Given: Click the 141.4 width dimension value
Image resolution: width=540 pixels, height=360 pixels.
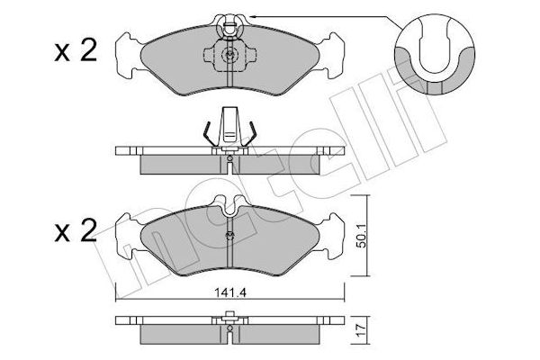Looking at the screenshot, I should click(x=230, y=291).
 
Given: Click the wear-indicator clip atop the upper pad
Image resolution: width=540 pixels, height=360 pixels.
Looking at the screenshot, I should click(x=230, y=18).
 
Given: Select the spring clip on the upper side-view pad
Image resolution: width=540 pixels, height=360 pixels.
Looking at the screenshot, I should click(x=230, y=128).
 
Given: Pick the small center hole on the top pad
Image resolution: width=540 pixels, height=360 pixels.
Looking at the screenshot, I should click(x=230, y=55).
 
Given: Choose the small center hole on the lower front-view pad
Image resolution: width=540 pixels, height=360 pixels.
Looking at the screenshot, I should click(x=230, y=237).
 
